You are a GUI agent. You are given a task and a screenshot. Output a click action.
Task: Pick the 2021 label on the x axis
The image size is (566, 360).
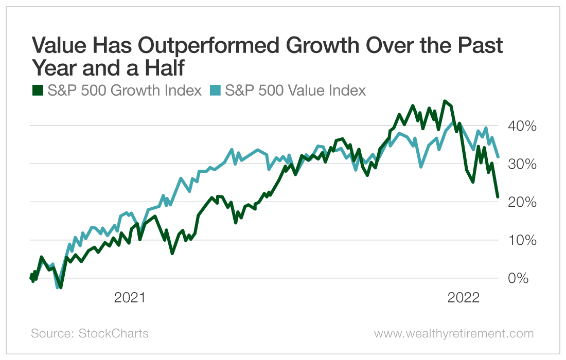coord(130,298)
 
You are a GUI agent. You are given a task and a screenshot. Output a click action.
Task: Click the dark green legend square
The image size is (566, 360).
coord(38,91)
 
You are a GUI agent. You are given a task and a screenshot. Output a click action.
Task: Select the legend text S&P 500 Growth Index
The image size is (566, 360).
coord(125,91)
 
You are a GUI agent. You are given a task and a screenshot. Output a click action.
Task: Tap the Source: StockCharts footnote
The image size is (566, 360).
coord(90,333)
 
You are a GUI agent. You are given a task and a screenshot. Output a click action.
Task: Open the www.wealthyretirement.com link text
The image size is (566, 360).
coord(454,333)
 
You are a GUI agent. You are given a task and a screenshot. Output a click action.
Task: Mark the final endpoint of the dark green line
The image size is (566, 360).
coord(498,196)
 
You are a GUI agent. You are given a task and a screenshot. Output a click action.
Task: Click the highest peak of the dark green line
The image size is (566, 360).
coord(445,101)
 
